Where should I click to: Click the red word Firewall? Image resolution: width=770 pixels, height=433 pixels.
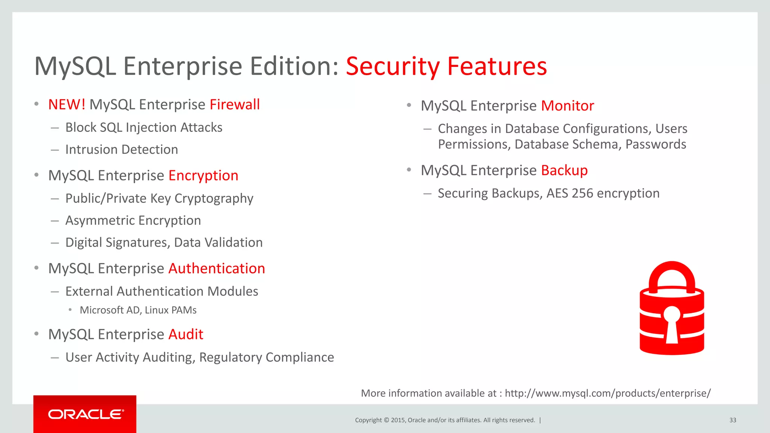[x=235, y=104]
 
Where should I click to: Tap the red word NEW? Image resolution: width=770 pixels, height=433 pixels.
[x=67, y=104]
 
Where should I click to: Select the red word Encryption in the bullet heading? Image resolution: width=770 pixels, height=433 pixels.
[x=203, y=176]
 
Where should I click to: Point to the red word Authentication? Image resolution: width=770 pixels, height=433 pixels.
[x=217, y=268]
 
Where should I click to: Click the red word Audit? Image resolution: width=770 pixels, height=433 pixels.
[x=186, y=334]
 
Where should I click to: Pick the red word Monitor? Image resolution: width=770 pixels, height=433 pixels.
[x=567, y=106]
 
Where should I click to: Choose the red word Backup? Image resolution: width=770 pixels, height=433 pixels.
[x=564, y=170]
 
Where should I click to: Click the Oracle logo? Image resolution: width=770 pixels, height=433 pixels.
[x=85, y=414]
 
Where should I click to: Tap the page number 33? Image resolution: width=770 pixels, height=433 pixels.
[x=732, y=420]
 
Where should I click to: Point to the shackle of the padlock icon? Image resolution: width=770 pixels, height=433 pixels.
[x=672, y=273]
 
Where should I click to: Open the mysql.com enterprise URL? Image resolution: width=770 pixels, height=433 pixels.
[x=608, y=393]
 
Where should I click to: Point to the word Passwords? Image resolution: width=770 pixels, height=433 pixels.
[x=656, y=144]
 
